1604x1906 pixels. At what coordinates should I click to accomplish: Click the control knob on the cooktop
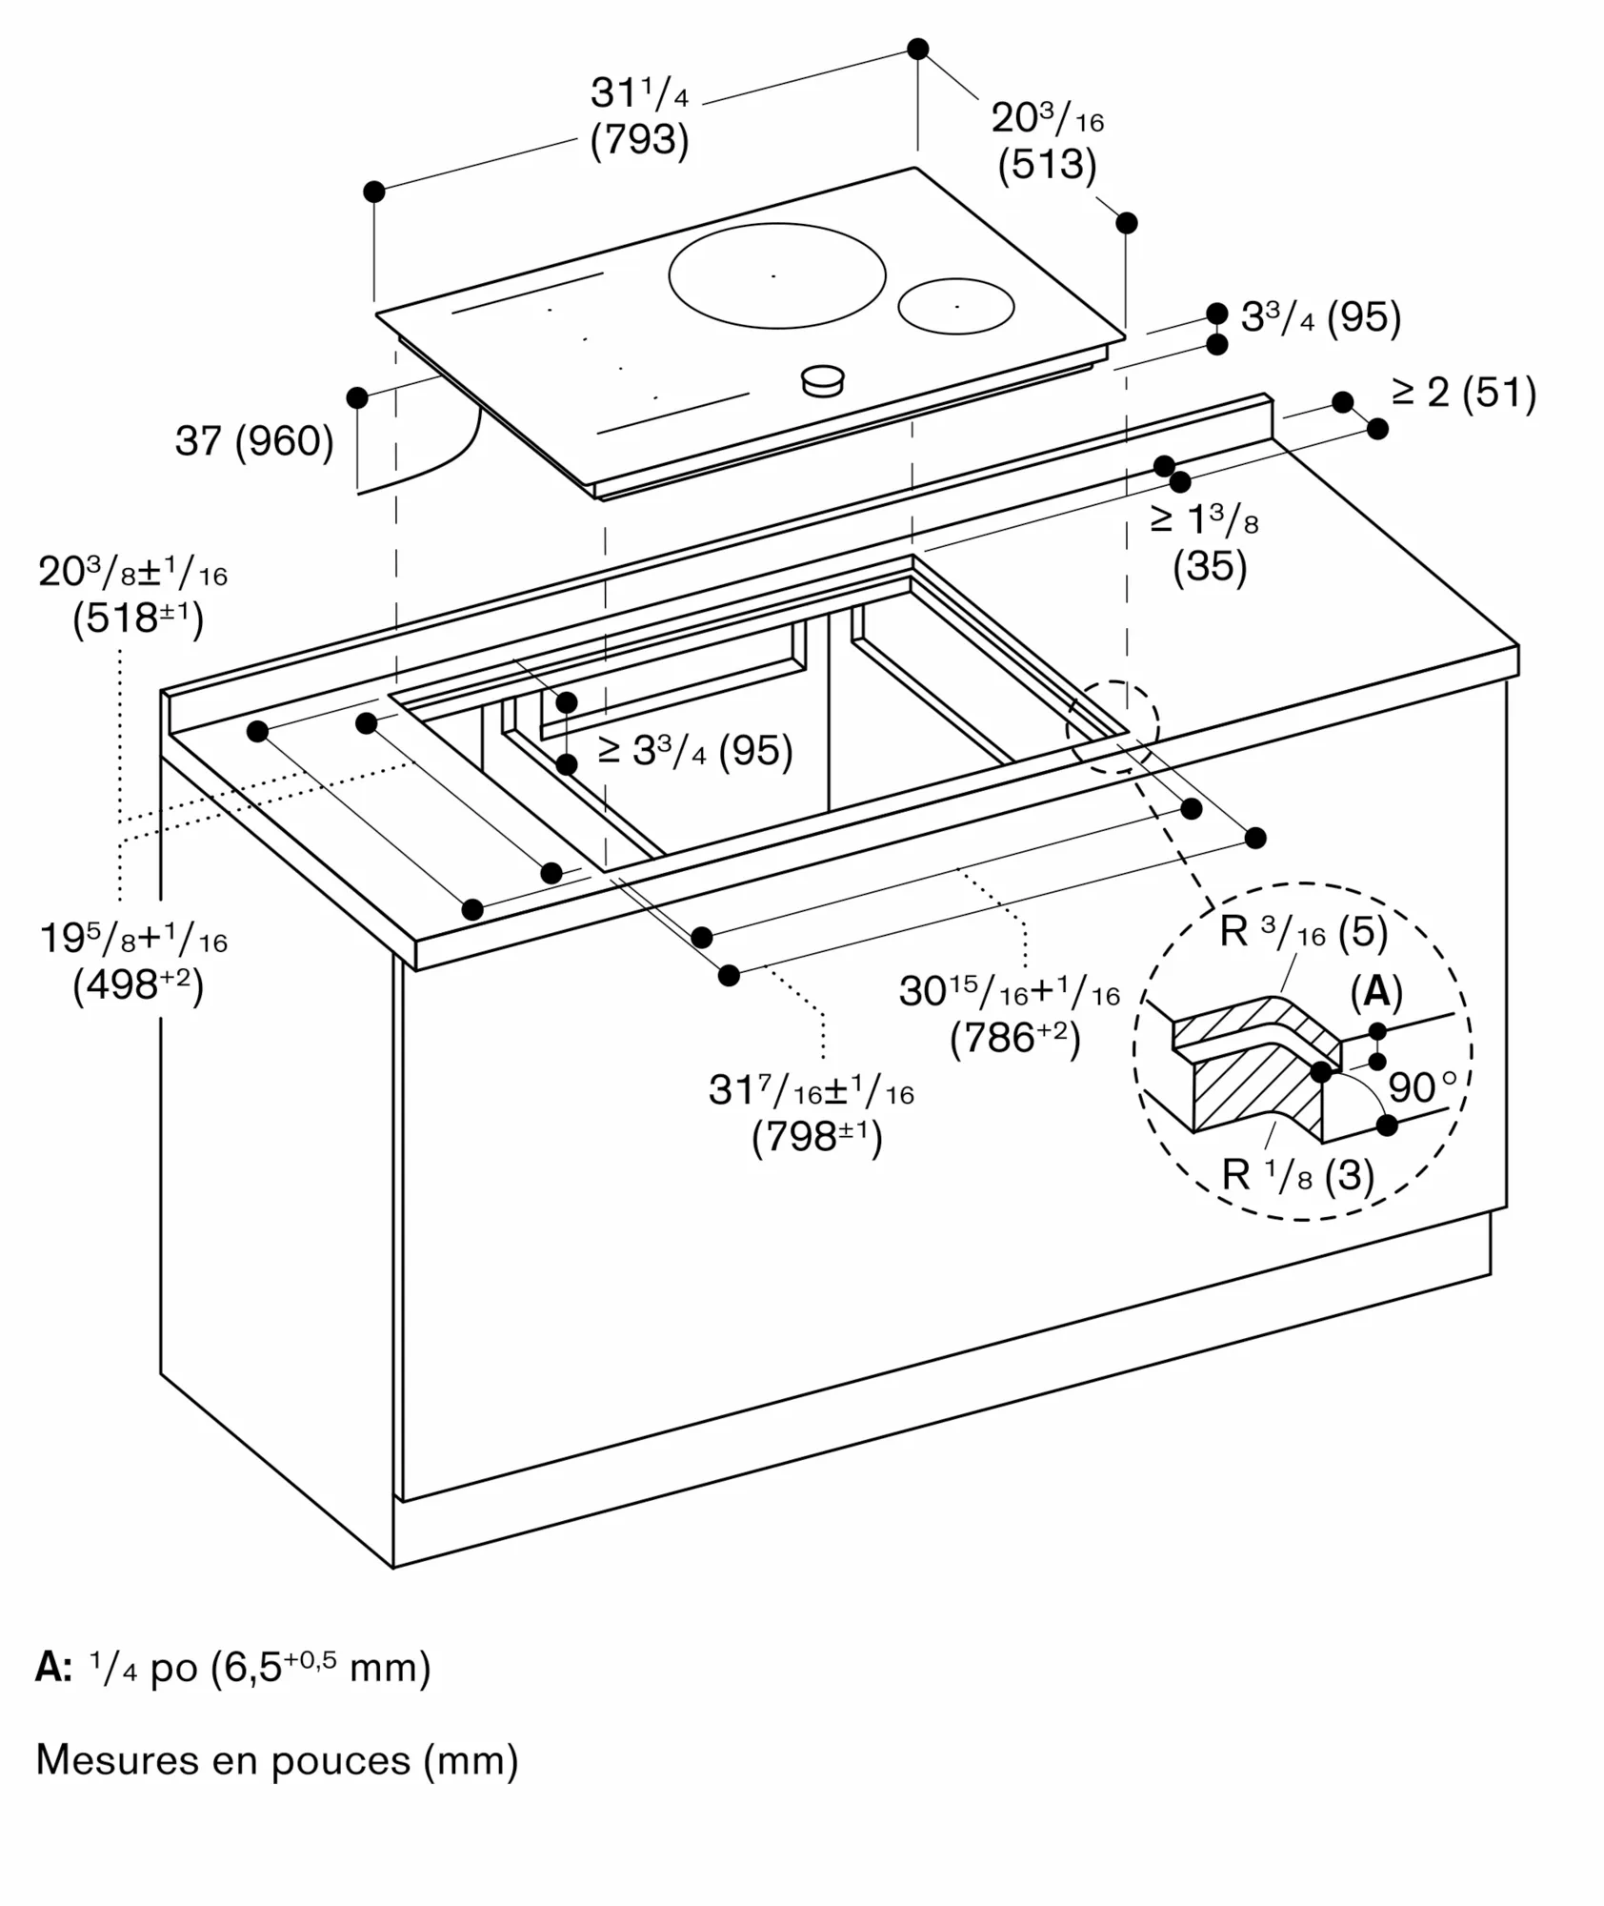pyautogui.click(x=822, y=380)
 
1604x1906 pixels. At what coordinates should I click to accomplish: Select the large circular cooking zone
pyautogui.click(x=776, y=275)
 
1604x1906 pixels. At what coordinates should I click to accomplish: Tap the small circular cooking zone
pyautogui.click(x=955, y=306)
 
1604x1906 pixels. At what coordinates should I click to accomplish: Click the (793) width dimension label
pyautogui.click(x=639, y=140)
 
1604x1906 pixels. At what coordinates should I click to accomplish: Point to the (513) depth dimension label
pyautogui.click(x=1047, y=165)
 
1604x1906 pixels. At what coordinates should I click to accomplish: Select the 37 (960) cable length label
pyautogui.click(x=254, y=441)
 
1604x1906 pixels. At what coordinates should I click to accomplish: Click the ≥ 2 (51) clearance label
pyautogui.click(x=1464, y=393)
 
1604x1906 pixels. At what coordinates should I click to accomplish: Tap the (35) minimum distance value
pyautogui.click(x=1210, y=567)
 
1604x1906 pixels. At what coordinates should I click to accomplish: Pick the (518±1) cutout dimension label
pyautogui.click(x=138, y=619)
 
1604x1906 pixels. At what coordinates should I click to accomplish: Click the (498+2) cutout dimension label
pyautogui.click(x=138, y=985)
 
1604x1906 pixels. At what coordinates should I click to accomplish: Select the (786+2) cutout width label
pyautogui.click(x=1015, y=1039)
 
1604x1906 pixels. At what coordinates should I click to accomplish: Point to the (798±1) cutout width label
pyautogui.click(x=817, y=1138)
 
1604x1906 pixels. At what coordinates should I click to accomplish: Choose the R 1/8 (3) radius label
pyautogui.click(x=1297, y=1176)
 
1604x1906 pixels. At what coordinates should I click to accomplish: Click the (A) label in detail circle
pyautogui.click(x=1376, y=992)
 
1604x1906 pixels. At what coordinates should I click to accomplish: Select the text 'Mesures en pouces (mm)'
pyautogui.click(x=277, y=1760)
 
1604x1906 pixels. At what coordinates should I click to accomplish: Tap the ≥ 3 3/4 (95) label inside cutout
pyautogui.click(x=695, y=752)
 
